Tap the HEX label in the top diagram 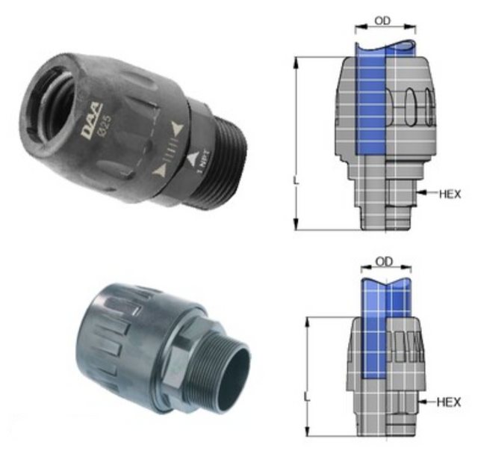click(x=449, y=193)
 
